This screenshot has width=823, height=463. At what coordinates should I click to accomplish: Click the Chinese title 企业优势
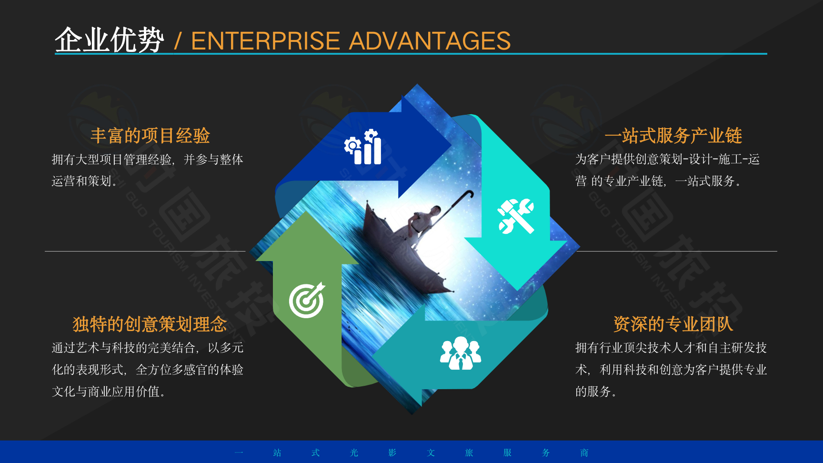[x=110, y=40]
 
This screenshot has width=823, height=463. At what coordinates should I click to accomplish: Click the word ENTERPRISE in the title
[x=265, y=41]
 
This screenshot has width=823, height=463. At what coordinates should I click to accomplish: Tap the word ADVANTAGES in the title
[x=430, y=41]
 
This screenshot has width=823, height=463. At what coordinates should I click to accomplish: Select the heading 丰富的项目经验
[x=150, y=136]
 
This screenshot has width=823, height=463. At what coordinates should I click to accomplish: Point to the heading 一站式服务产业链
[x=673, y=136]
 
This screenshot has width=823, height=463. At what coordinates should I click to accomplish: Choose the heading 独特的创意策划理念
[x=150, y=324]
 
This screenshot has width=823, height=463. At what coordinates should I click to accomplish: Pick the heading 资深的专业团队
[x=673, y=324]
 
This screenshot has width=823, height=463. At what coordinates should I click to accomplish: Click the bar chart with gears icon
[x=363, y=147]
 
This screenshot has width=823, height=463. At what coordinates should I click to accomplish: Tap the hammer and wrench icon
[x=516, y=216]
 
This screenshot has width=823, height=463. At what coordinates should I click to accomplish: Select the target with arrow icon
[x=307, y=300]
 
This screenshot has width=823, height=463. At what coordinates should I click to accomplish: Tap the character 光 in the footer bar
[x=354, y=453]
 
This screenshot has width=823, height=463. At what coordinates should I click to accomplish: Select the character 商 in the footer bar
[x=584, y=453]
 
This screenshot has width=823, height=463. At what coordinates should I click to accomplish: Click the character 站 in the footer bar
[x=277, y=453]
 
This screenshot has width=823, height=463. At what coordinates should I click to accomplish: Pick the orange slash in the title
[x=178, y=41]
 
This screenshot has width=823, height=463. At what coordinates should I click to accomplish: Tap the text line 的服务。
[x=596, y=392]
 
